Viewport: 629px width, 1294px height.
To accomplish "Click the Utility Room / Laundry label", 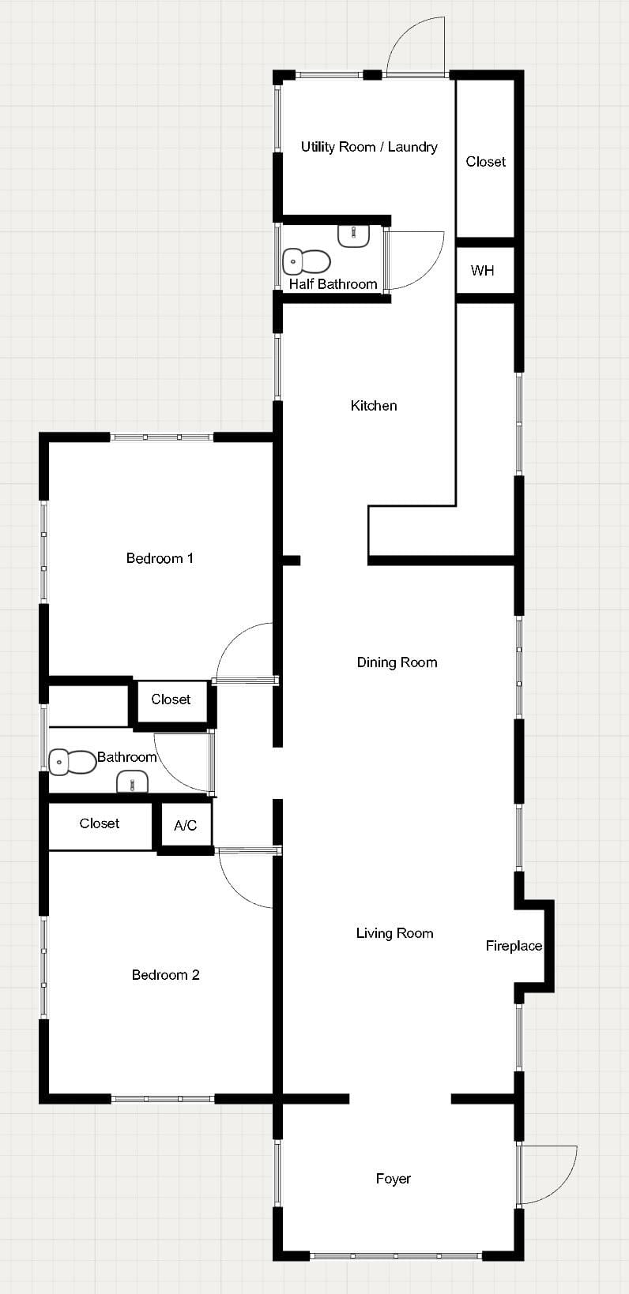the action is click(x=369, y=148).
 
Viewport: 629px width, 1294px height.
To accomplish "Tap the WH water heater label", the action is click(x=482, y=270).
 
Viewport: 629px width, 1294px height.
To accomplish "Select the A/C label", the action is click(x=186, y=826).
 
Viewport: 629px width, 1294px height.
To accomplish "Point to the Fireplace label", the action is click(x=514, y=946).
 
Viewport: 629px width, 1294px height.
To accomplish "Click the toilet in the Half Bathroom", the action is click(x=306, y=261).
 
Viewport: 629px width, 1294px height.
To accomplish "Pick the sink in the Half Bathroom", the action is click(x=353, y=236).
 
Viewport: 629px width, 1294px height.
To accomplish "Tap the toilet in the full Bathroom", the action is click(x=72, y=762).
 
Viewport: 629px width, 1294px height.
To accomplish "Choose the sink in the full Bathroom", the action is click(x=133, y=782).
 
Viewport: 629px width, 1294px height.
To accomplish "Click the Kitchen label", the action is click(x=374, y=406).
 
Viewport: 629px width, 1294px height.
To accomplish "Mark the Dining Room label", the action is click(x=397, y=662).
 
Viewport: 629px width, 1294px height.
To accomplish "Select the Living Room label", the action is click(x=394, y=933).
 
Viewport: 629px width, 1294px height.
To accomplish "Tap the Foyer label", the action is click(x=394, y=1179).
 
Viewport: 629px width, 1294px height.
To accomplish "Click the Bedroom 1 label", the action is click(x=160, y=558).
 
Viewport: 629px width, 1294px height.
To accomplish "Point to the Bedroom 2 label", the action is click(x=165, y=975).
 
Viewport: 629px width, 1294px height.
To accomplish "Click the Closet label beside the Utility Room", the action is click(x=486, y=162).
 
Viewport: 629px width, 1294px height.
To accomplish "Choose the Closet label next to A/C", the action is click(x=100, y=823).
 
